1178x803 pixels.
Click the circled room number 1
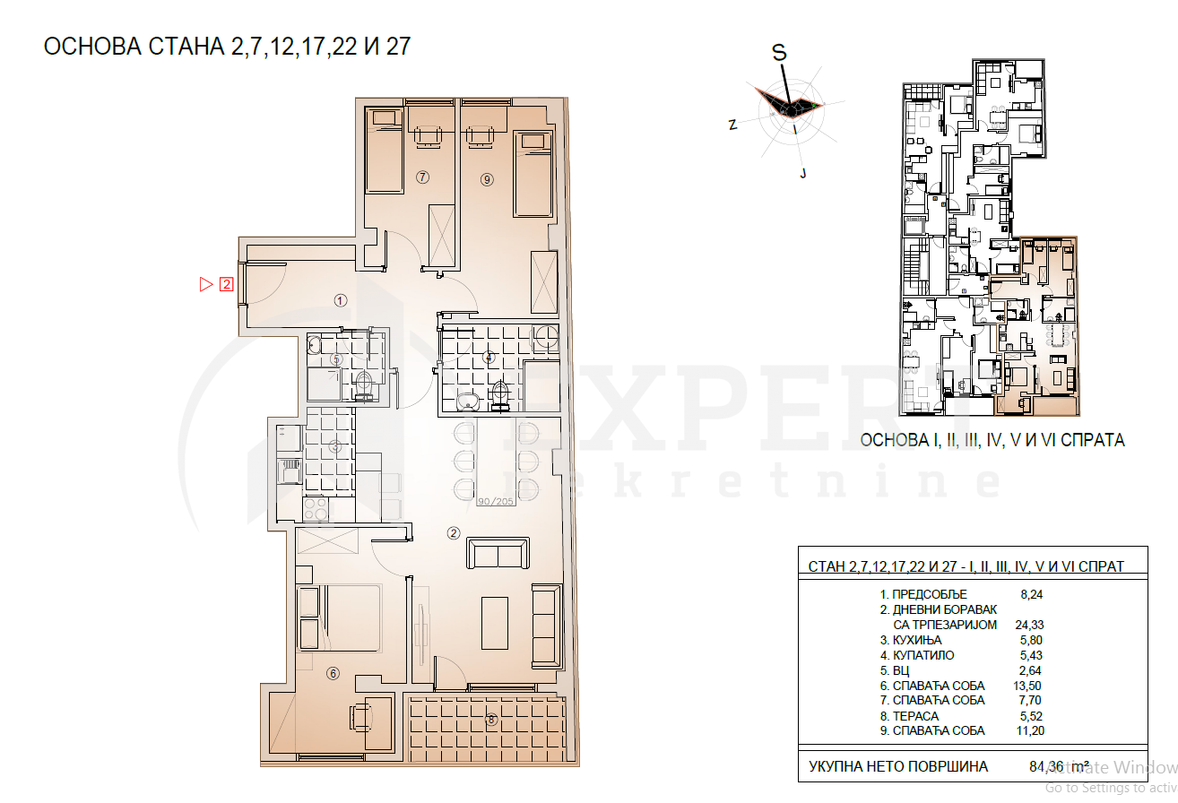(x=341, y=300)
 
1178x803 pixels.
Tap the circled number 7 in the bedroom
(x=423, y=177)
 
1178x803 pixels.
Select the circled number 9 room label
(x=487, y=179)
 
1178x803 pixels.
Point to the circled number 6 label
(x=333, y=674)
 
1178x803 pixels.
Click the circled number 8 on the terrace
(x=491, y=719)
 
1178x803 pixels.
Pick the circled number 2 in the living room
(x=454, y=533)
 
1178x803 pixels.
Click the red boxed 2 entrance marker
(x=227, y=285)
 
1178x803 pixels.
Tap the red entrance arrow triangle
(x=205, y=285)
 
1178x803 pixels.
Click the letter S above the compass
(x=780, y=53)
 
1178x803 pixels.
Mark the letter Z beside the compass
(x=732, y=125)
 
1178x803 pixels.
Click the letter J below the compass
(x=804, y=174)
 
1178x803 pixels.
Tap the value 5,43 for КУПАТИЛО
(x=1027, y=656)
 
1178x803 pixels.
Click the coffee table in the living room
(x=494, y=623)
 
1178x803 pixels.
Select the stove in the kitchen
(x=316, y=509)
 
